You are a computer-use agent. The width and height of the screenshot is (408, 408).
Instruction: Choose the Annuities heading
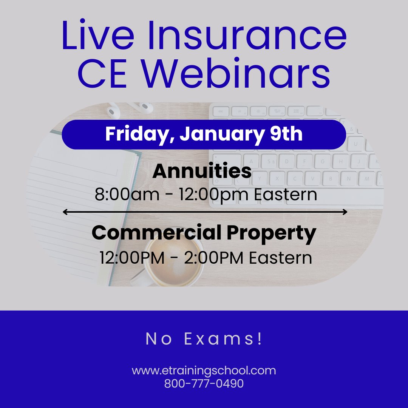pyautogui.click(x=202, y=172)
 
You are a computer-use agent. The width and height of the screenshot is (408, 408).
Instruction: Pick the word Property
pyautogui.click(x=271, y=234)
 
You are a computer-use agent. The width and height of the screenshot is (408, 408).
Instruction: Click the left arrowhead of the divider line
pyautogui.click(x=65, y=212)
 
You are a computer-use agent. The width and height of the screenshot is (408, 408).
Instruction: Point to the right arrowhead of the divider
pyautogui.click(x=345, y=212)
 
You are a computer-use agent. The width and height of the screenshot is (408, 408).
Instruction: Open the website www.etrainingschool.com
pyautogui.click(x=204, y=371)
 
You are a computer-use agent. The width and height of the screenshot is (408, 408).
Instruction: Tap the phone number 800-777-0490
pyautogui.click(x=204, y=383)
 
